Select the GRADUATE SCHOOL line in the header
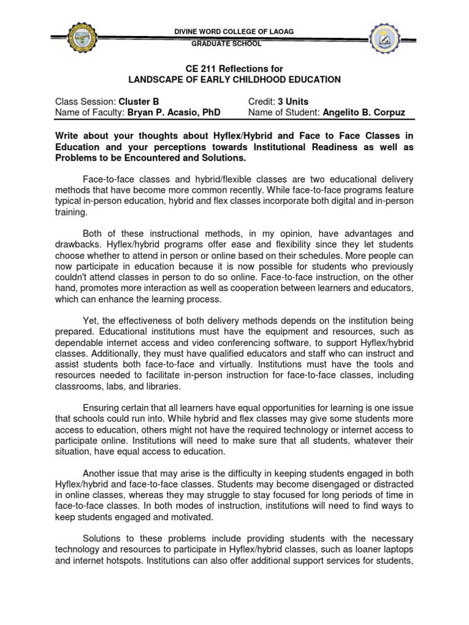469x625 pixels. pyautogui.click(x=227, y=44)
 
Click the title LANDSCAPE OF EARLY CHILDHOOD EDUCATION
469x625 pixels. pyautogui.click(x=234, y=80)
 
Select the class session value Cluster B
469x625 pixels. pyautogui.click(x=142, y=102)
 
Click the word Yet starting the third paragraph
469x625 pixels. pyautogui.click(x=91, y=320)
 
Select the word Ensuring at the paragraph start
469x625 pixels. pyautogui.click(x=102, y=408)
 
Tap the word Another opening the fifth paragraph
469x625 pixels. pyautogui.click(x=100, y=474)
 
